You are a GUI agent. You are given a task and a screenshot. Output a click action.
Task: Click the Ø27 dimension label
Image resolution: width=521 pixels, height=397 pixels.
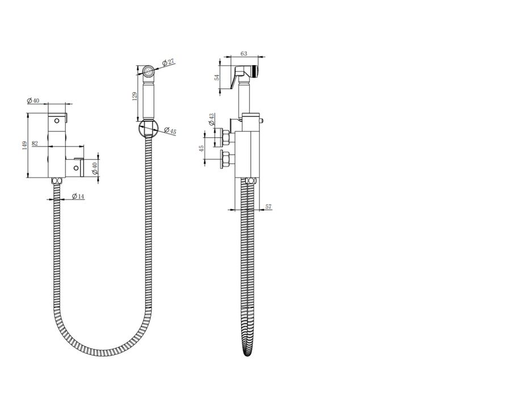tap(167, 62)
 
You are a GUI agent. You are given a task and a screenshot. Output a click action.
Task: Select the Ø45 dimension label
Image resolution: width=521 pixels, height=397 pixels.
tap(170, 132)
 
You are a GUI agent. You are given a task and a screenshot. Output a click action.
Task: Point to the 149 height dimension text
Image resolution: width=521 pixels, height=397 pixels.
tap(23, 146)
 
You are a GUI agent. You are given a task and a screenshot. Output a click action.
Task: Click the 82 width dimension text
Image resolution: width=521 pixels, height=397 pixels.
tap(35, 143)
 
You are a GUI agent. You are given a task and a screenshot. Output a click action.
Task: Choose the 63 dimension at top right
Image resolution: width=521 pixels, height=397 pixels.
tap(243, 53)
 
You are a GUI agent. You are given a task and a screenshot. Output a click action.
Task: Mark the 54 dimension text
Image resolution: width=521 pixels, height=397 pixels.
tap(217, 78)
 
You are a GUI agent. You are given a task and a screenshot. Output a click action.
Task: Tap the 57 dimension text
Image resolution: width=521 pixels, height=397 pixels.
tap(268, 206)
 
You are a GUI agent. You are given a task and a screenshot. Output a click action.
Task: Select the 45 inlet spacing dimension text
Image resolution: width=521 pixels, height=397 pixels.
tap(201, 149)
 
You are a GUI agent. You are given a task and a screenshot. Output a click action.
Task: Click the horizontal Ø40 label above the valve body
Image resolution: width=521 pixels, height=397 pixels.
tap(33, 100)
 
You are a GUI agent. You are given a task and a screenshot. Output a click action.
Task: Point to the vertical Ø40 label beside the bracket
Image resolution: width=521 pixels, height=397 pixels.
tap(95, 168)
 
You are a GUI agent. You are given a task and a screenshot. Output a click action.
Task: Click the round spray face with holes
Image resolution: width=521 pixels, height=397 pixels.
tap(148, 71)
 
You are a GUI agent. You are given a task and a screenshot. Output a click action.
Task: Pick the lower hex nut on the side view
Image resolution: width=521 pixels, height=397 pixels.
tap(225, 159)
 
